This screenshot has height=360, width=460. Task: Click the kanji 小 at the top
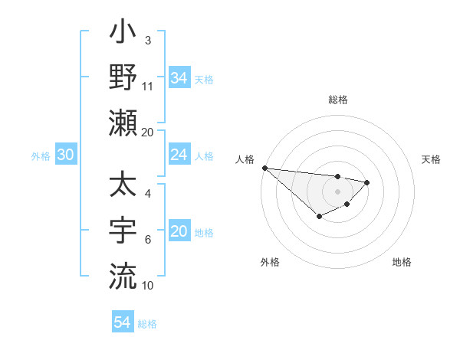point(123,34)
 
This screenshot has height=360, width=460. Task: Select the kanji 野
point(123,78)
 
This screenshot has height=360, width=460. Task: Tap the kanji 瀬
point(123,123)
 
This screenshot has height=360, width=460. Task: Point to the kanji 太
point(123,185)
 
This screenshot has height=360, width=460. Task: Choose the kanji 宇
point(123,231)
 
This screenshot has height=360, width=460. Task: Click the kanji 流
point(123,275)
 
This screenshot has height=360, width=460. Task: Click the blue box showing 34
point(179,77)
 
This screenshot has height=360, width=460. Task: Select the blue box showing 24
point(179,155)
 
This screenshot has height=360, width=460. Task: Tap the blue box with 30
point(65,155)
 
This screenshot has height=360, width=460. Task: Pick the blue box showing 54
point(122,322)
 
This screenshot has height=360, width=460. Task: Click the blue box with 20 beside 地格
point(179,231)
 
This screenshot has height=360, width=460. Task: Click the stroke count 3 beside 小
point(147,40)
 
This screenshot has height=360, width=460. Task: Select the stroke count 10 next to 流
point(148,286)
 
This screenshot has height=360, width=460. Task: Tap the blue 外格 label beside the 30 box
point(41,156)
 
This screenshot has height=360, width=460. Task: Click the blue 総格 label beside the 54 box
point(147,324)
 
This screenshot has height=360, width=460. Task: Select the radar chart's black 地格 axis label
point(402,262)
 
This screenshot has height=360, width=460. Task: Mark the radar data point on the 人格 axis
point(264,168)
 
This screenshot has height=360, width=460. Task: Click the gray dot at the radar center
point(337,191)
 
